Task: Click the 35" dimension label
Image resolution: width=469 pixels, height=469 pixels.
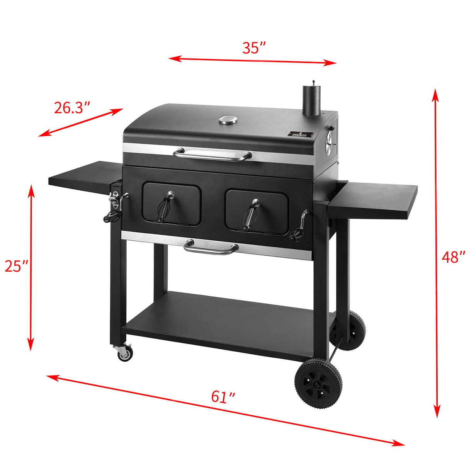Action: point(254,48)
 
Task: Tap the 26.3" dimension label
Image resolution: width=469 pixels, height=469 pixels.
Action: point(72,108)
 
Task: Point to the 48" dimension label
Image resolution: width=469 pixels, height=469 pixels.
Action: point(452,257)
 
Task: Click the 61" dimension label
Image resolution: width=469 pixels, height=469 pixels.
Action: point(223,397)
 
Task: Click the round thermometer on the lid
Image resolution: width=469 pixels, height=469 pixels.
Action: point(228,120)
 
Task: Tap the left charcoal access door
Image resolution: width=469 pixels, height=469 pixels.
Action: point(172,205)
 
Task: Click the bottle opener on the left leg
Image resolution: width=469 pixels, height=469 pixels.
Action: point(114,199)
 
